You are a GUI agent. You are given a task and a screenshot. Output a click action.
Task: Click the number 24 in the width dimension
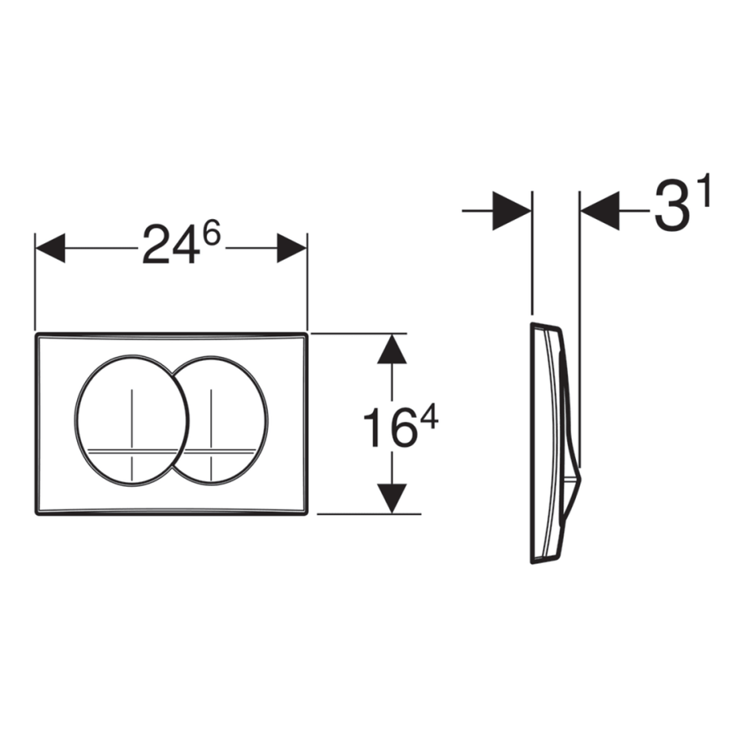(171, 244)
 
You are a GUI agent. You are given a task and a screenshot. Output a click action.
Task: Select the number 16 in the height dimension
(389, 427)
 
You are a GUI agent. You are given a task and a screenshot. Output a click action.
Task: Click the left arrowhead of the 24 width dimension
(50, 248)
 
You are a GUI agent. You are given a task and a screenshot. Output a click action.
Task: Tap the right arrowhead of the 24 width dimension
(292, 248)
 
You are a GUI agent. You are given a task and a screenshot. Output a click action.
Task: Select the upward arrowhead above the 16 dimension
(392, 349)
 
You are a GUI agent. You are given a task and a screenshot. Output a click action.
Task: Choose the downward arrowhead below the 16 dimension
(392, 499)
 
